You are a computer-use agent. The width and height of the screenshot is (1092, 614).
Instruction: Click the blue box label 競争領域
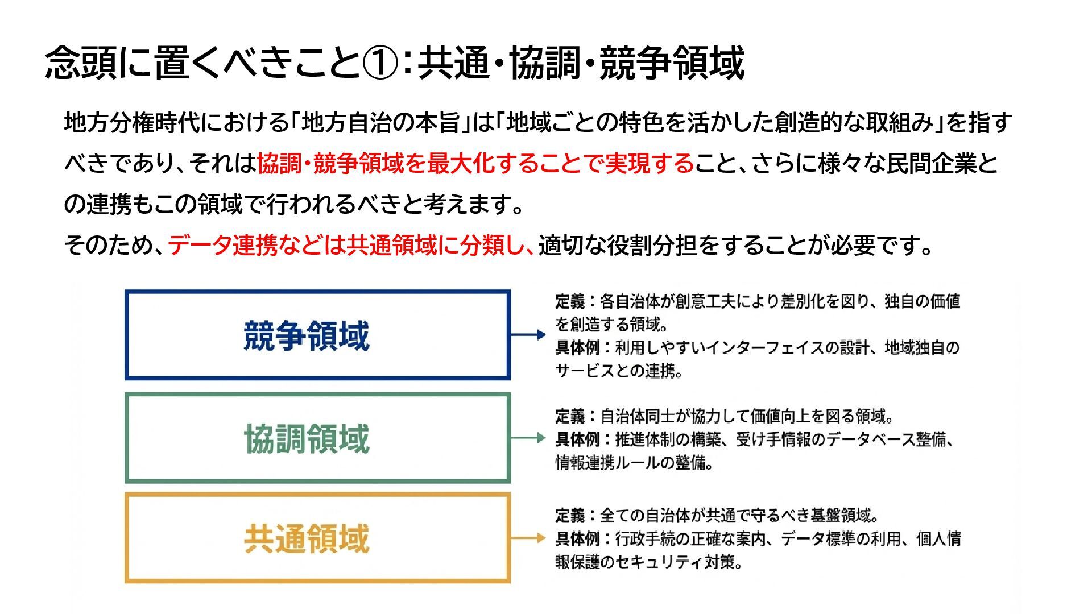click(x=307, y=335)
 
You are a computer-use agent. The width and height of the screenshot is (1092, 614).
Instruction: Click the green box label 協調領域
click(x=307, y=438)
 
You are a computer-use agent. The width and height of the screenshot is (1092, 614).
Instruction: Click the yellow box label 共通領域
click(x=307, y=538)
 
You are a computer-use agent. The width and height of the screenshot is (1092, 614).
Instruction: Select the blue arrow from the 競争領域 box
click(x=528, y=335)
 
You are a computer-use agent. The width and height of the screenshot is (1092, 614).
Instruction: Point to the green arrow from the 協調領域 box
click(x=528, y=438)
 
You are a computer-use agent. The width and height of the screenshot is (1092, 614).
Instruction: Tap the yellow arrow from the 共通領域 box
click(x=528, y=538)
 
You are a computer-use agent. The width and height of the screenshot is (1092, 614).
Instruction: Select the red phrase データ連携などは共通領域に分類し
click(x=350, y=246)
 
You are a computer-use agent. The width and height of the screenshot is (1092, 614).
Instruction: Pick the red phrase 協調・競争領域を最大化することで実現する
click(x=475, y=164)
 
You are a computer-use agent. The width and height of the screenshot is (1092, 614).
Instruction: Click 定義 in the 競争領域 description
click(x=570, y=301)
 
